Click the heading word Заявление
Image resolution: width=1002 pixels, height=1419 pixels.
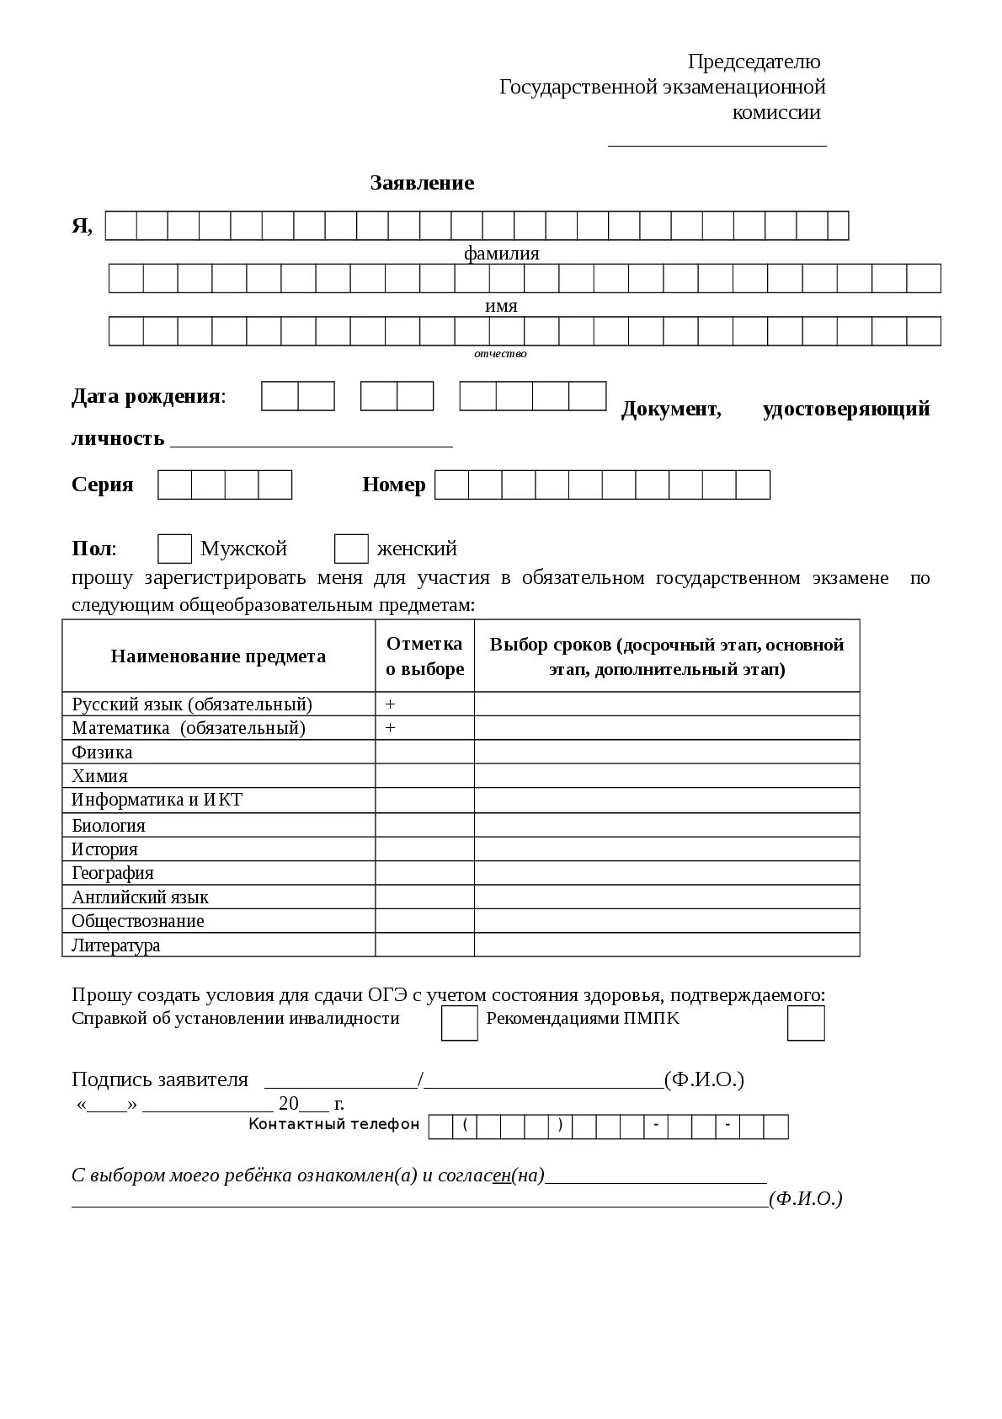pyautogui.click(x=422, y=183)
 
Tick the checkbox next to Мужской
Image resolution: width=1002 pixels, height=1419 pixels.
pyautogui.click(x=174, y=549)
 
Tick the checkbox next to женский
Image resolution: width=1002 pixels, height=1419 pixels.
pyautogui.click(x=351, y=549)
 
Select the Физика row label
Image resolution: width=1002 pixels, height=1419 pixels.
pyautogui.click(x=102, y=752)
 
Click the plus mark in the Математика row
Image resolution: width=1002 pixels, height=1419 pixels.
pyautogui.click(x=390, y=727)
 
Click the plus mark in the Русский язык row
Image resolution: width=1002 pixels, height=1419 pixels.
pyautogui.click(x=390, y=704)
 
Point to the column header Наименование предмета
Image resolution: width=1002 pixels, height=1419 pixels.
pyautogui.click(x=218, y=656)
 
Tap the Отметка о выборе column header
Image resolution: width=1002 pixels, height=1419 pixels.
pyautogui.click(x=424, y=656)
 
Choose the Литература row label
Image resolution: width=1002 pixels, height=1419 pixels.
pyautogui.click(x=115, y=945)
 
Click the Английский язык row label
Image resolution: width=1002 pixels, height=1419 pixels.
pyautogui.click(x=140, y=897)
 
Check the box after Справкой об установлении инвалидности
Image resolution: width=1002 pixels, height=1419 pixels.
pyautogui.click(x=459, y=1023)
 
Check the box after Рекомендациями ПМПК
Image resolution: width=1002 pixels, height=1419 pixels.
pyautogui.click(x=805, y=1023)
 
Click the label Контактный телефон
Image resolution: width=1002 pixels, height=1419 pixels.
pyautogui.click(x=333, y=1124)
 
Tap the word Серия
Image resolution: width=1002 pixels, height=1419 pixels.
pyautogui.click(x=102, y=485)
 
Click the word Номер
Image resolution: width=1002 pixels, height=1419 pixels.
pyautogui.click(x=393, y=485)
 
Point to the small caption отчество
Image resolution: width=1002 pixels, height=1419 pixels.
pyautogui.click(x=500, y=354)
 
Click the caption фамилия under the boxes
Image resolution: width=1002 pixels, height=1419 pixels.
pyautogui.click(x=501, y=253)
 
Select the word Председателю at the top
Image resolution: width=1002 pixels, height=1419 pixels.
pyautogui.click(x=753, y=62)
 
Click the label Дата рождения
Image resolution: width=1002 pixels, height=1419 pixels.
pyautogui.click(x=147, y=396)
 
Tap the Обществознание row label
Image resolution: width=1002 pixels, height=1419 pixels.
pyautogui.click(x=137, y=920)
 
